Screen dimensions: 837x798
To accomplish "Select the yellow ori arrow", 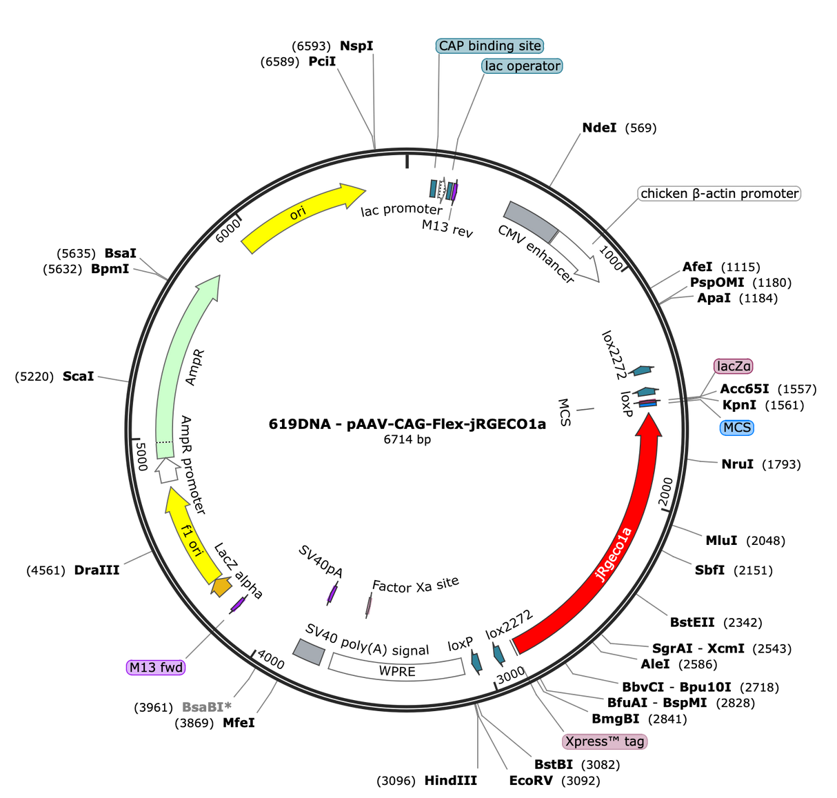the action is coord(298,213).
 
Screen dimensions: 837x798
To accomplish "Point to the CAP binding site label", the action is coord(490,46).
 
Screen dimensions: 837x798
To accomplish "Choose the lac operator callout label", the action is coord(522,66).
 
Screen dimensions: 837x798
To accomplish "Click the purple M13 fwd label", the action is coord(156,667).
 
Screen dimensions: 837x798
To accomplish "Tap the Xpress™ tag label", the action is coord(605,741).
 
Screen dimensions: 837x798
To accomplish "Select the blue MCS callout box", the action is coord(737,428).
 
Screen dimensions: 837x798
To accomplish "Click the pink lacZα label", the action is coord(733,366).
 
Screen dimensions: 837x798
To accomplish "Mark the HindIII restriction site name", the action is coord(450,781).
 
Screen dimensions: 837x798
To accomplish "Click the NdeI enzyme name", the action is coord(599,128).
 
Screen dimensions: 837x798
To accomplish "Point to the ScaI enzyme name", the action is coord(78,376).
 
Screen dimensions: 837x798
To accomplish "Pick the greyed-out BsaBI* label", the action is coord(206,707).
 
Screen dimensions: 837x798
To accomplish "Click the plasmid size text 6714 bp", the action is coord(407,439).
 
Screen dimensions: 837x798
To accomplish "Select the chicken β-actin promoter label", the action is coord(719,193).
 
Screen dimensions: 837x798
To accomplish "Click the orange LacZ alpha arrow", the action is coord(221,586).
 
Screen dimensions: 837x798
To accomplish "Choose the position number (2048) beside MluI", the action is coord(765,541).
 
